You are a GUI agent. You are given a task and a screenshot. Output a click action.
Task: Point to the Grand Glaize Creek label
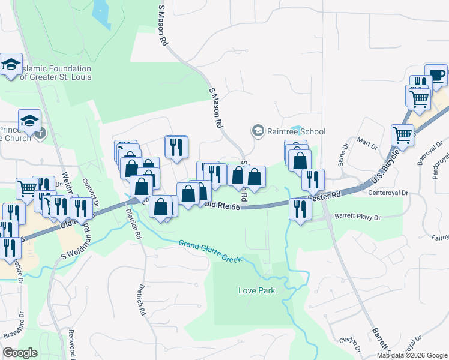(x=209, y=251)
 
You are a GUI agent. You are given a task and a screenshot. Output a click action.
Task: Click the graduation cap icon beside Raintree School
(x=258, y=131)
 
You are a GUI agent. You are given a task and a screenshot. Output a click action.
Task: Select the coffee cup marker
(x=436, y=75)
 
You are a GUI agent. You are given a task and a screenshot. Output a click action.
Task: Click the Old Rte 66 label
(x=222, y=206)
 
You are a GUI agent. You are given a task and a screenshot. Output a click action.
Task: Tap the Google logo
(x=20, y=353)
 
